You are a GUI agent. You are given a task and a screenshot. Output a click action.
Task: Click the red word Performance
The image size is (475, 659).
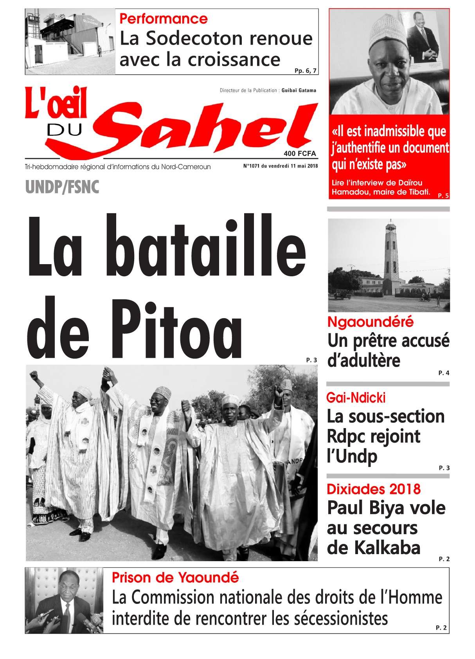click(x=163, y=19)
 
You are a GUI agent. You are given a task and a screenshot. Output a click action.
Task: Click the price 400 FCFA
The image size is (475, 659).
click(x=300, y=153)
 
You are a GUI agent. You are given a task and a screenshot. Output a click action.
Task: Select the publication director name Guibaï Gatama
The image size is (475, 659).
click(x=299, y=90)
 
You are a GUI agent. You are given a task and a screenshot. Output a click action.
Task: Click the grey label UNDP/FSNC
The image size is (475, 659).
click(x=62, y=187)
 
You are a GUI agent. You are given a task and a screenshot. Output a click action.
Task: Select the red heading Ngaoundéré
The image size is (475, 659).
click(x=370, y=322)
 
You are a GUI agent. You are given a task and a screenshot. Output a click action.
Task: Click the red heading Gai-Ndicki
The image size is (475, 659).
click(x=356, y=398)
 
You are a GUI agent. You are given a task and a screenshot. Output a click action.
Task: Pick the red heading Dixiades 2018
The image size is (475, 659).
click(x=373, y=489)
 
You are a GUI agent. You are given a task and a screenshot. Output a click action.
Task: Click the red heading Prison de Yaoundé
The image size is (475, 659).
click(x=175, y=578)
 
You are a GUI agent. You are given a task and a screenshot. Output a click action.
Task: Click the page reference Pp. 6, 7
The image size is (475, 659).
click(x=306, y=71)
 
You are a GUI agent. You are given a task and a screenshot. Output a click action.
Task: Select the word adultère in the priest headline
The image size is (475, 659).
click(x=364, y=360)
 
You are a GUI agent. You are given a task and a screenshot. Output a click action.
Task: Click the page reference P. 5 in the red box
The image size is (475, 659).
click(x=443, y=196)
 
